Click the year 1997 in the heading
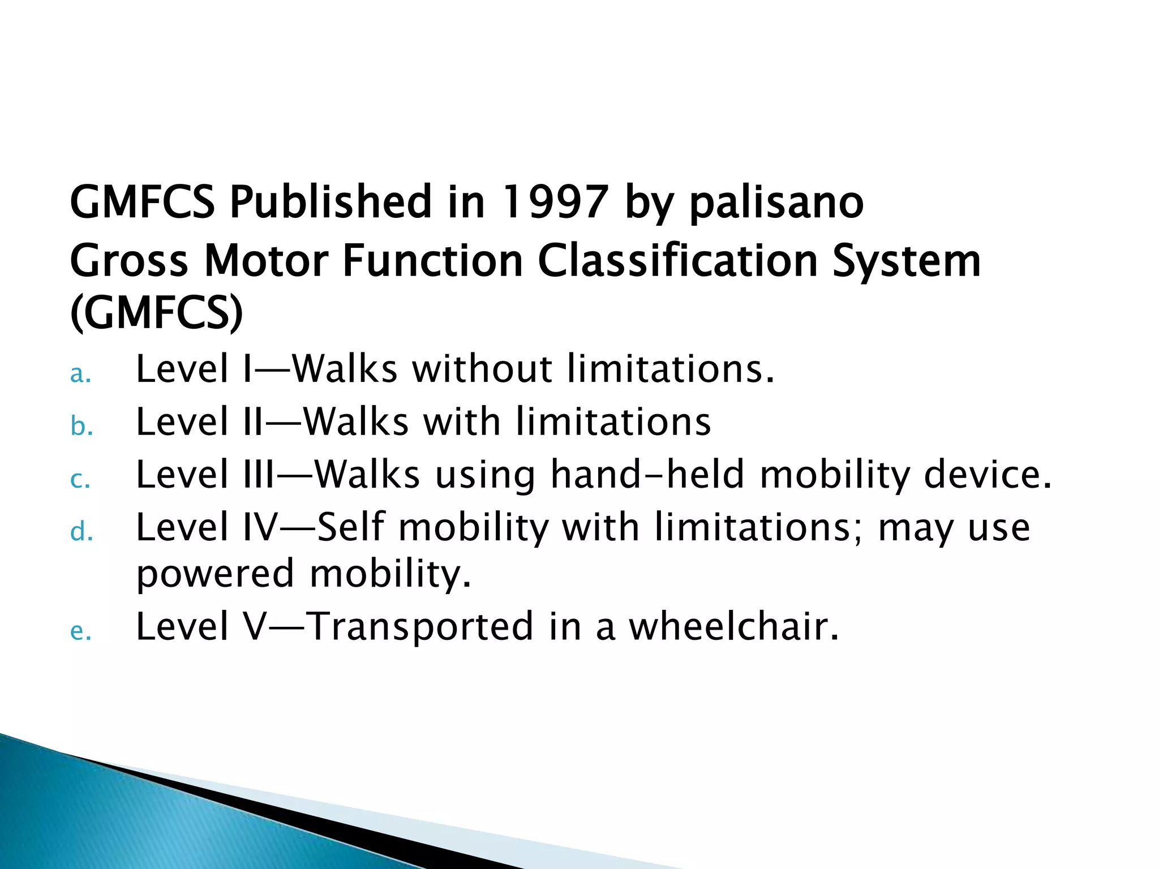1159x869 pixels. pos(554,202)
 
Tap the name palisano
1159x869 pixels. pos(776,202)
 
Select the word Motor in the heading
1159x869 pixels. pos(265,261)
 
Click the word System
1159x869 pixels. pos(906,263)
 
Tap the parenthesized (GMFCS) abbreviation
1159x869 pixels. pos(157,313)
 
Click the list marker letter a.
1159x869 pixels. pos(80,375)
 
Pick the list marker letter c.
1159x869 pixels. pos(79,480)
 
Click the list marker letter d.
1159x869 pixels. pos(80,532)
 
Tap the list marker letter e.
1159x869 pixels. pos(80,631)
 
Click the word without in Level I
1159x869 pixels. pos(482,369)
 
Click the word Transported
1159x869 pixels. pos(422,627)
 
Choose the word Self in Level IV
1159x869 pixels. pos(351,527)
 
